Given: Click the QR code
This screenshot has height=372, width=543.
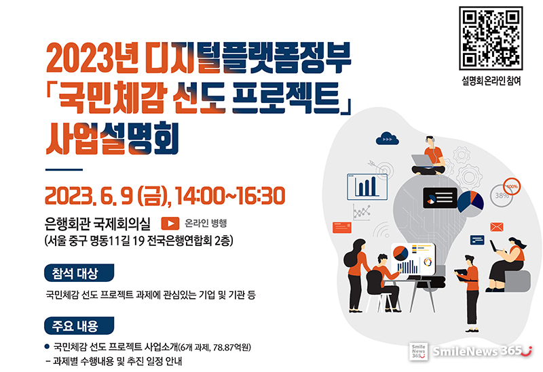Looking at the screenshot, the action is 490,38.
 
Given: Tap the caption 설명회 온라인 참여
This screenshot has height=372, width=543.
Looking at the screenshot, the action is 491,81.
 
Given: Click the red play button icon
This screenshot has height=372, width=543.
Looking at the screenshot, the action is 170,224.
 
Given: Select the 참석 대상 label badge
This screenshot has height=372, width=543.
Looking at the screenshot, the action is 79,273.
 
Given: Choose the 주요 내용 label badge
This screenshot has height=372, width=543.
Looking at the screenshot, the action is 79,326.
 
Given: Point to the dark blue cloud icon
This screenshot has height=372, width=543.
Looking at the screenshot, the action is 387,138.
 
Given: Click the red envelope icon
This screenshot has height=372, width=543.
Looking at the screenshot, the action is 497,227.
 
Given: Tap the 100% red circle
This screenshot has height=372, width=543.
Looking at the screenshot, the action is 512,186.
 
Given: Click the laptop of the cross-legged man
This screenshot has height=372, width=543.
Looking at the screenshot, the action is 422,161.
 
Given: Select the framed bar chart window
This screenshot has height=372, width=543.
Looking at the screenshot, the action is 367,187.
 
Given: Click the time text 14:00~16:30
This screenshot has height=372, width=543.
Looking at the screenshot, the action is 230,196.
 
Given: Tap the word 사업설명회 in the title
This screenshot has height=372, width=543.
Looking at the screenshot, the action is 112,138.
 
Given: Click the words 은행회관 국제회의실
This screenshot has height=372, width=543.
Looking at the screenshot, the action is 98,224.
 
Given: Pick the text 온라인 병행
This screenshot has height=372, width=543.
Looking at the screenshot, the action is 206,224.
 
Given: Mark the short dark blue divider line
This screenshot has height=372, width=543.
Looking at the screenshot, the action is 64,170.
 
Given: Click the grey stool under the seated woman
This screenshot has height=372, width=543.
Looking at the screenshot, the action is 517,281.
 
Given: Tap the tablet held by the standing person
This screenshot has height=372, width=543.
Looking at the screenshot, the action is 462,276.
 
